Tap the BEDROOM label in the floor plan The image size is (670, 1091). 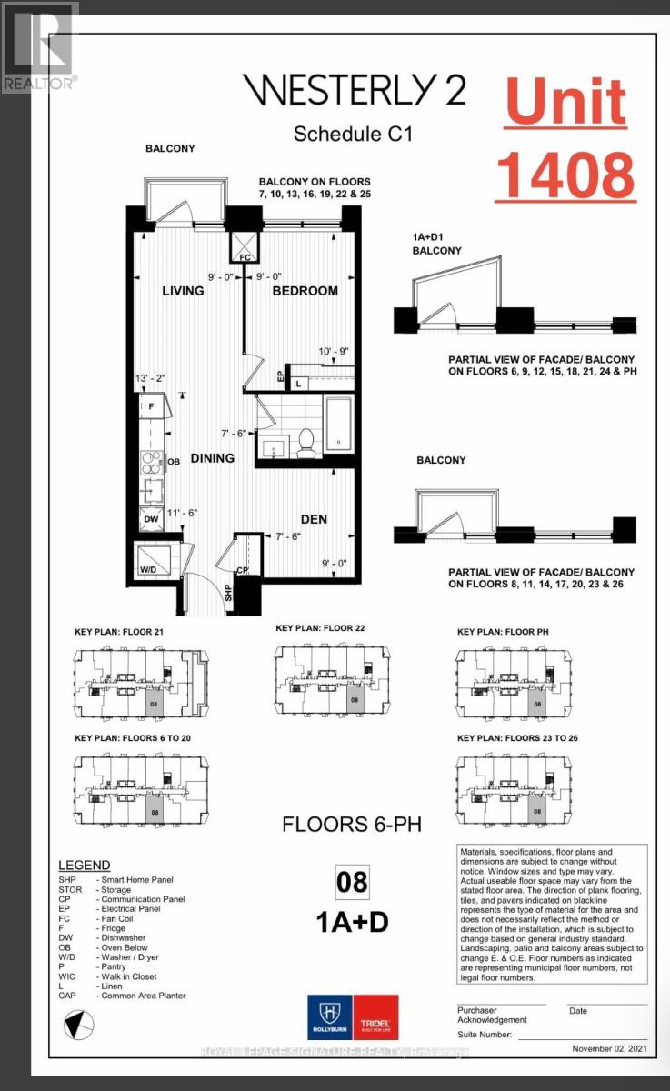pyautogui.click(x=305, y=291)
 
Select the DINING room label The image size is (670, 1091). pyautogui.click(x=212, y=458)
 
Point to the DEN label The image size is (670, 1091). pyautogui.click(x=314, y=519)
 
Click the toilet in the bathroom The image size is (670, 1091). pyautogui.click(x=306, y=441)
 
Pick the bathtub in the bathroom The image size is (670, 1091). pyautogui.click(x=343, y=425)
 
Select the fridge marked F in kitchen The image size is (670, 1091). pyautogui.click(x=151, y=405)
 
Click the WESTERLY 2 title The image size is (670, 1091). pyautogui.click(x=354, y=91)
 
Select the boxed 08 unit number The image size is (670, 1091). pyautogui.click(x=353, y=882)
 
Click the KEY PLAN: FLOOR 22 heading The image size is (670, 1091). pyautogui.click(x=322, y=628)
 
